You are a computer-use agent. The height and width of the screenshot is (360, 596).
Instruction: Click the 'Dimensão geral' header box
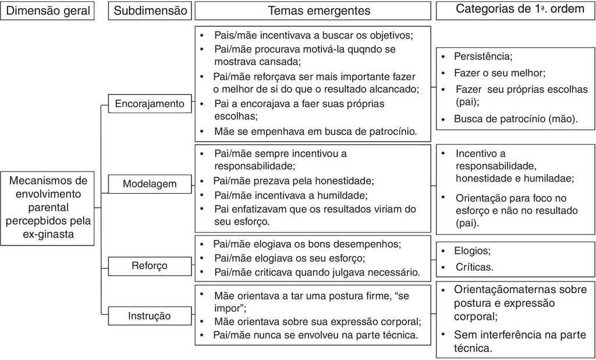(47, 10)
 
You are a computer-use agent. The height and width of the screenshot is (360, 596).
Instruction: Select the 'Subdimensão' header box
(150, 10)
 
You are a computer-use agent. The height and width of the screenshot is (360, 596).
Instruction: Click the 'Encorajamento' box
(149, 104)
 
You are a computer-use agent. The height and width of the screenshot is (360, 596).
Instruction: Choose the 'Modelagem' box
(149, 184)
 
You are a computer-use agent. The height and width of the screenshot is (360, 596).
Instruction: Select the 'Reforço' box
(149, 265)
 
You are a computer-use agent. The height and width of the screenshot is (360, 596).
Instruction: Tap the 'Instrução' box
(149, 316)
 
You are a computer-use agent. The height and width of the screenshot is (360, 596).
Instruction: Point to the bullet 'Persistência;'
(483, 56)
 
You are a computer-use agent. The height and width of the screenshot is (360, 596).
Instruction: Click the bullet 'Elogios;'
(473, 251)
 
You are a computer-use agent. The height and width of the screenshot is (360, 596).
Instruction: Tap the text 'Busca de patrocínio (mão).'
(516, 119)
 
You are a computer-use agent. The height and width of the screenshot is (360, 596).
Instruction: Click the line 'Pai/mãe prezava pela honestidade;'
(293, 181)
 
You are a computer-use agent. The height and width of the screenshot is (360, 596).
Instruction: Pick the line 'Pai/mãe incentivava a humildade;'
(291, 195)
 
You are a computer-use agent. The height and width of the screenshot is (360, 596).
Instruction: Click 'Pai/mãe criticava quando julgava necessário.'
(317, 272)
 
